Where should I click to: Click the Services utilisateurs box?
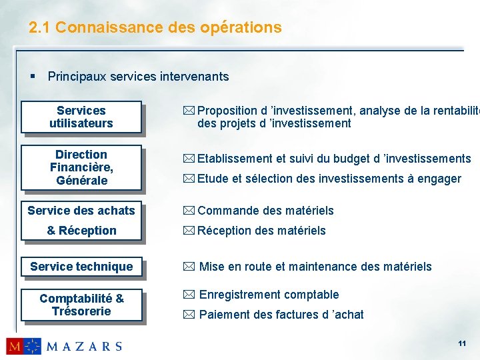81,117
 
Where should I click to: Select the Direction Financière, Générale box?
81,167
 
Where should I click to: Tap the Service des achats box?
81,211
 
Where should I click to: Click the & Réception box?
81,231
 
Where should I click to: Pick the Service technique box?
81,267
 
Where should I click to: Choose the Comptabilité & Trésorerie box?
81,305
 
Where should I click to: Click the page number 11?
461,343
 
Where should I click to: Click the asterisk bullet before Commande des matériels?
189,211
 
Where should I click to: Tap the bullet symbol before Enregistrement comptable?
189,295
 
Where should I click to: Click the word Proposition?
227,111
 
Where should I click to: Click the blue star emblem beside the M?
33,346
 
